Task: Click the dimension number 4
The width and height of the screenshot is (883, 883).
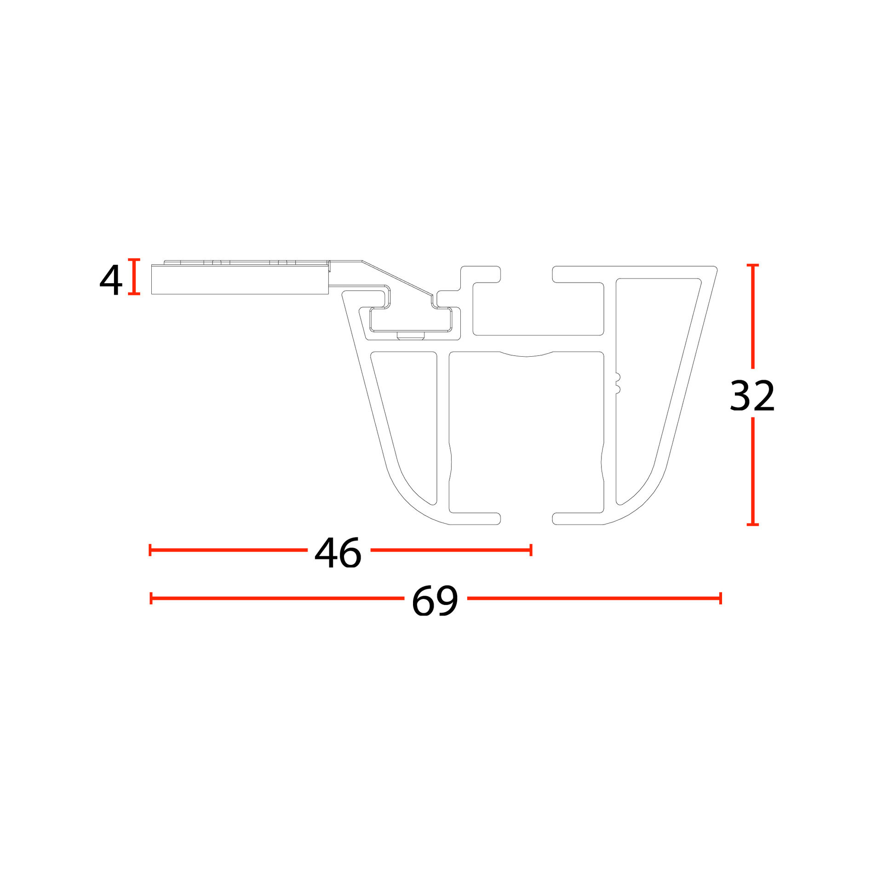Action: click(x=111, y=280)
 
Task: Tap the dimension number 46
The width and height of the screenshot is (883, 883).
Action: click(x=338, y=553)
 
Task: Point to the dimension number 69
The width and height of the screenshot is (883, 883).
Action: click(x=435, y=601)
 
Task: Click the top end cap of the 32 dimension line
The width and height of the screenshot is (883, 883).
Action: click(x=752, y=265)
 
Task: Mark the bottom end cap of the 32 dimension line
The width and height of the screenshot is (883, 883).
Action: click(x=752, y=524)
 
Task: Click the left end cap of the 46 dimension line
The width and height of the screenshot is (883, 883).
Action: click(x=150, y=550)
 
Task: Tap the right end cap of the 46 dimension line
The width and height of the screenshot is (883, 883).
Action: click(x=531, y=550)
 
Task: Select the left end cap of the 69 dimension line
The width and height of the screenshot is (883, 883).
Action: click(x=151, y=598)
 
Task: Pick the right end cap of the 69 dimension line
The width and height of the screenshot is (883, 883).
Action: click(x=721, y=598)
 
